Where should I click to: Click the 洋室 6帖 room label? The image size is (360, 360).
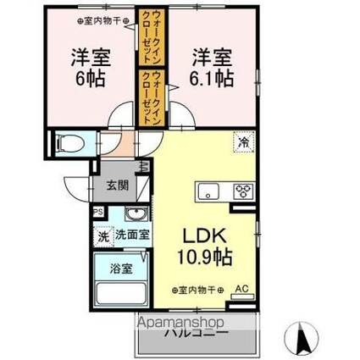pos(83,69)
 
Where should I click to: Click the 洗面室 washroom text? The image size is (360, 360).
pos(133,235)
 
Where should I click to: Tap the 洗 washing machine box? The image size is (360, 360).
pos(102,235)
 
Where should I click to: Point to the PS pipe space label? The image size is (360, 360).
pos(98,213)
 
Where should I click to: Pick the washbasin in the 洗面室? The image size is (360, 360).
pos(134,214)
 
